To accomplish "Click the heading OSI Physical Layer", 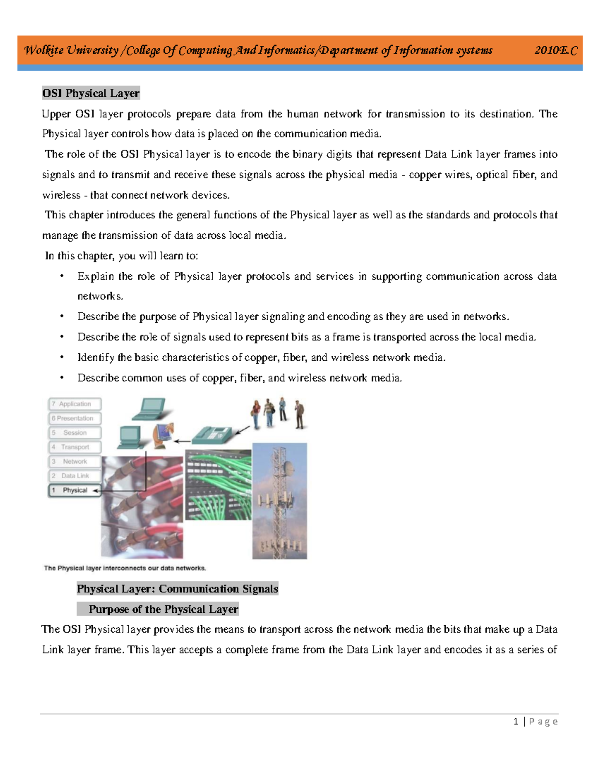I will coord(91,93).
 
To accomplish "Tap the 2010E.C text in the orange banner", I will coord(555,50).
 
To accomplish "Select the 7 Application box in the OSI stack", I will coord(75,404).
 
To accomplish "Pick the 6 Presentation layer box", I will coord(75,418).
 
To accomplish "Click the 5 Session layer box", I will coord(75,433).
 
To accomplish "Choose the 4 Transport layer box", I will coord(75,447).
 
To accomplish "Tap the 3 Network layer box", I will coord(75,461).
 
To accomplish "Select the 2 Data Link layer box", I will coord(75,476).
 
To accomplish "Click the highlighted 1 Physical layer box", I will coord(75,490).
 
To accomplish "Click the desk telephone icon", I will coord(212,434).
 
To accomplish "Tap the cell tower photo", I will coord(279,500).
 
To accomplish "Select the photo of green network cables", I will coord(218,484).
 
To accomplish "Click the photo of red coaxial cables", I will coord(142,508).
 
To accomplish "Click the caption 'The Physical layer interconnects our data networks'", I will coord(125,568).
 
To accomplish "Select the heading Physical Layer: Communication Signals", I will coord(177,589).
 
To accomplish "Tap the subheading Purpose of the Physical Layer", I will coord(163,609).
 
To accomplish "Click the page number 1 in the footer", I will coord(516,721).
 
